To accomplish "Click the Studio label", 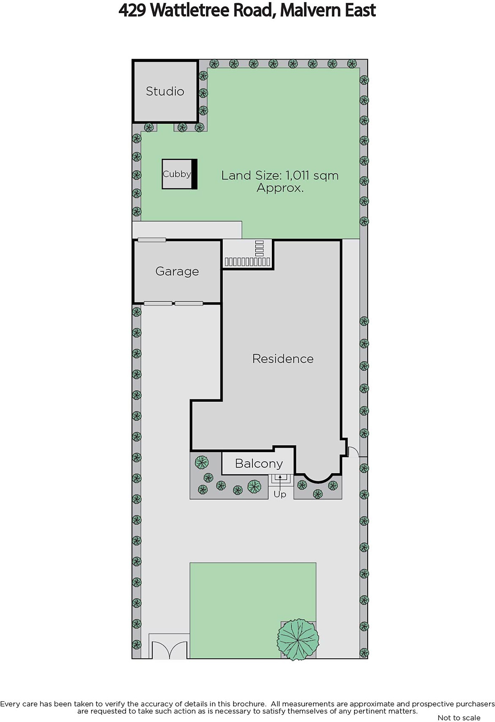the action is click(165, 92).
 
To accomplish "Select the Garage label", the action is click(177, 271).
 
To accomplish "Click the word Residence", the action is click(283, 359).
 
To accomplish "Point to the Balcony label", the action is click(259, 464).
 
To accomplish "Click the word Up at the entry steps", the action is click(280, 494).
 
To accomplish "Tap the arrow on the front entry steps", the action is click(280, 480).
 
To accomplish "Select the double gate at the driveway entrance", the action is click(169, 649).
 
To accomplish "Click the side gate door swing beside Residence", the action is click(354, 451).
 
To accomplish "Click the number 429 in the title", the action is click(132, 10).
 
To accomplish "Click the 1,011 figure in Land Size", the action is click(298, 176).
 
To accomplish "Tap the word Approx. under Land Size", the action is click(280, 188).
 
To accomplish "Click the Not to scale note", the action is click(459, 717).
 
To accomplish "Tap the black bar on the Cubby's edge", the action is click(195, 174).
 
